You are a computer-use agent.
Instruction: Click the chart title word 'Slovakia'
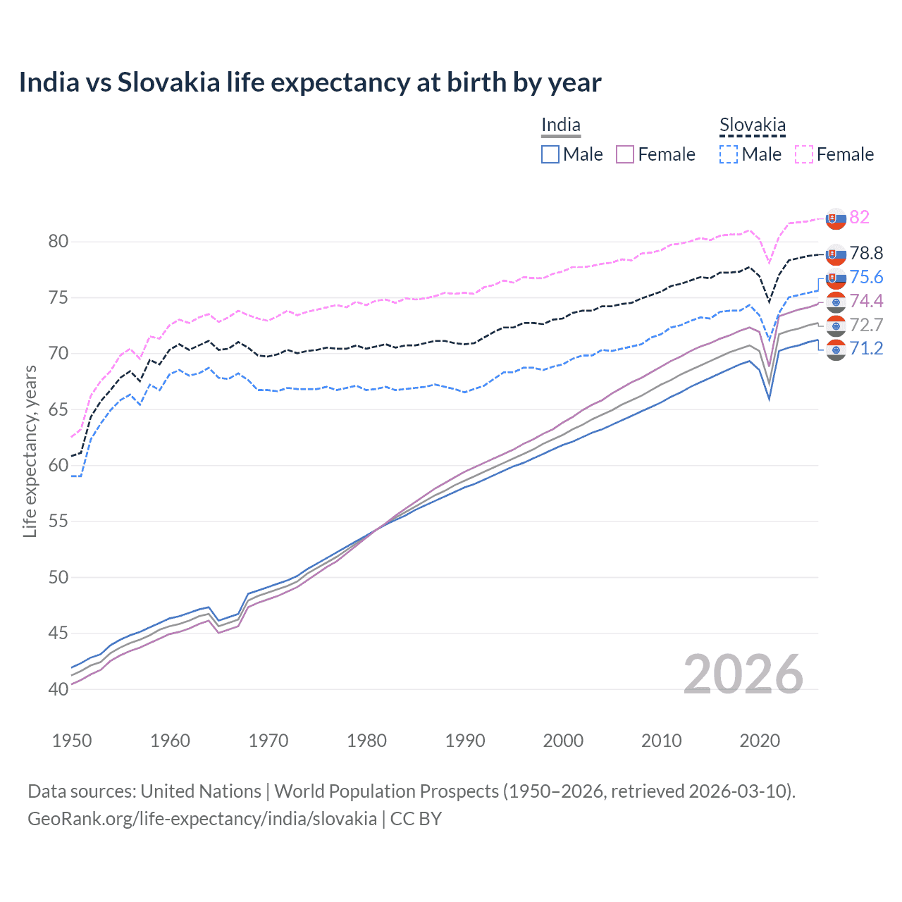(x=168, y=82)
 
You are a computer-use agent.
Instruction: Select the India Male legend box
(x=550, y=154)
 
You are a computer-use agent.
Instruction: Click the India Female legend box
(x=625, y=154)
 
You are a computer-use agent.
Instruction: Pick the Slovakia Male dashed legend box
(x=729, y=154)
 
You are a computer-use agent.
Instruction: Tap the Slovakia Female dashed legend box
(x=804, y=154)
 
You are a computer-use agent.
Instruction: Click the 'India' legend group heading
(x=561, y=125)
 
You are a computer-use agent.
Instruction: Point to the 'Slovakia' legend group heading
(x=752, y=125)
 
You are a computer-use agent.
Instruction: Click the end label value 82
(x=859, y=217)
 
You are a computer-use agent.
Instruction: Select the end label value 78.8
(x=866, y=253)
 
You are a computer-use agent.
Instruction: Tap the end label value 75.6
(x=866, y=277)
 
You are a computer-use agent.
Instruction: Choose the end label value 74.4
(x=866, y=301)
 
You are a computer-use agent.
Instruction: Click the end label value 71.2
(x=866, y=348)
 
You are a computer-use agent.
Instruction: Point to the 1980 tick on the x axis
(x=366, y=741)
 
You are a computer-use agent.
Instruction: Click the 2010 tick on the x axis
(x=661, y=741)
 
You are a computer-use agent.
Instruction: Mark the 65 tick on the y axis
(x=58, y=409)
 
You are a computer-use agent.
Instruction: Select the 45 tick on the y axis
(x=58, y=634)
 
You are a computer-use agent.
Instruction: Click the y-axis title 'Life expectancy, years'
(x=30, y=451)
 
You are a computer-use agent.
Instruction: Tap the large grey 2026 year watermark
(x=743, y=675)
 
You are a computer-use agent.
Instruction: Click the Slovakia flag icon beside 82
(x=836, y=218)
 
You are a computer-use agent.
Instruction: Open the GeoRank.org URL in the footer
(x=202, y=819)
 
